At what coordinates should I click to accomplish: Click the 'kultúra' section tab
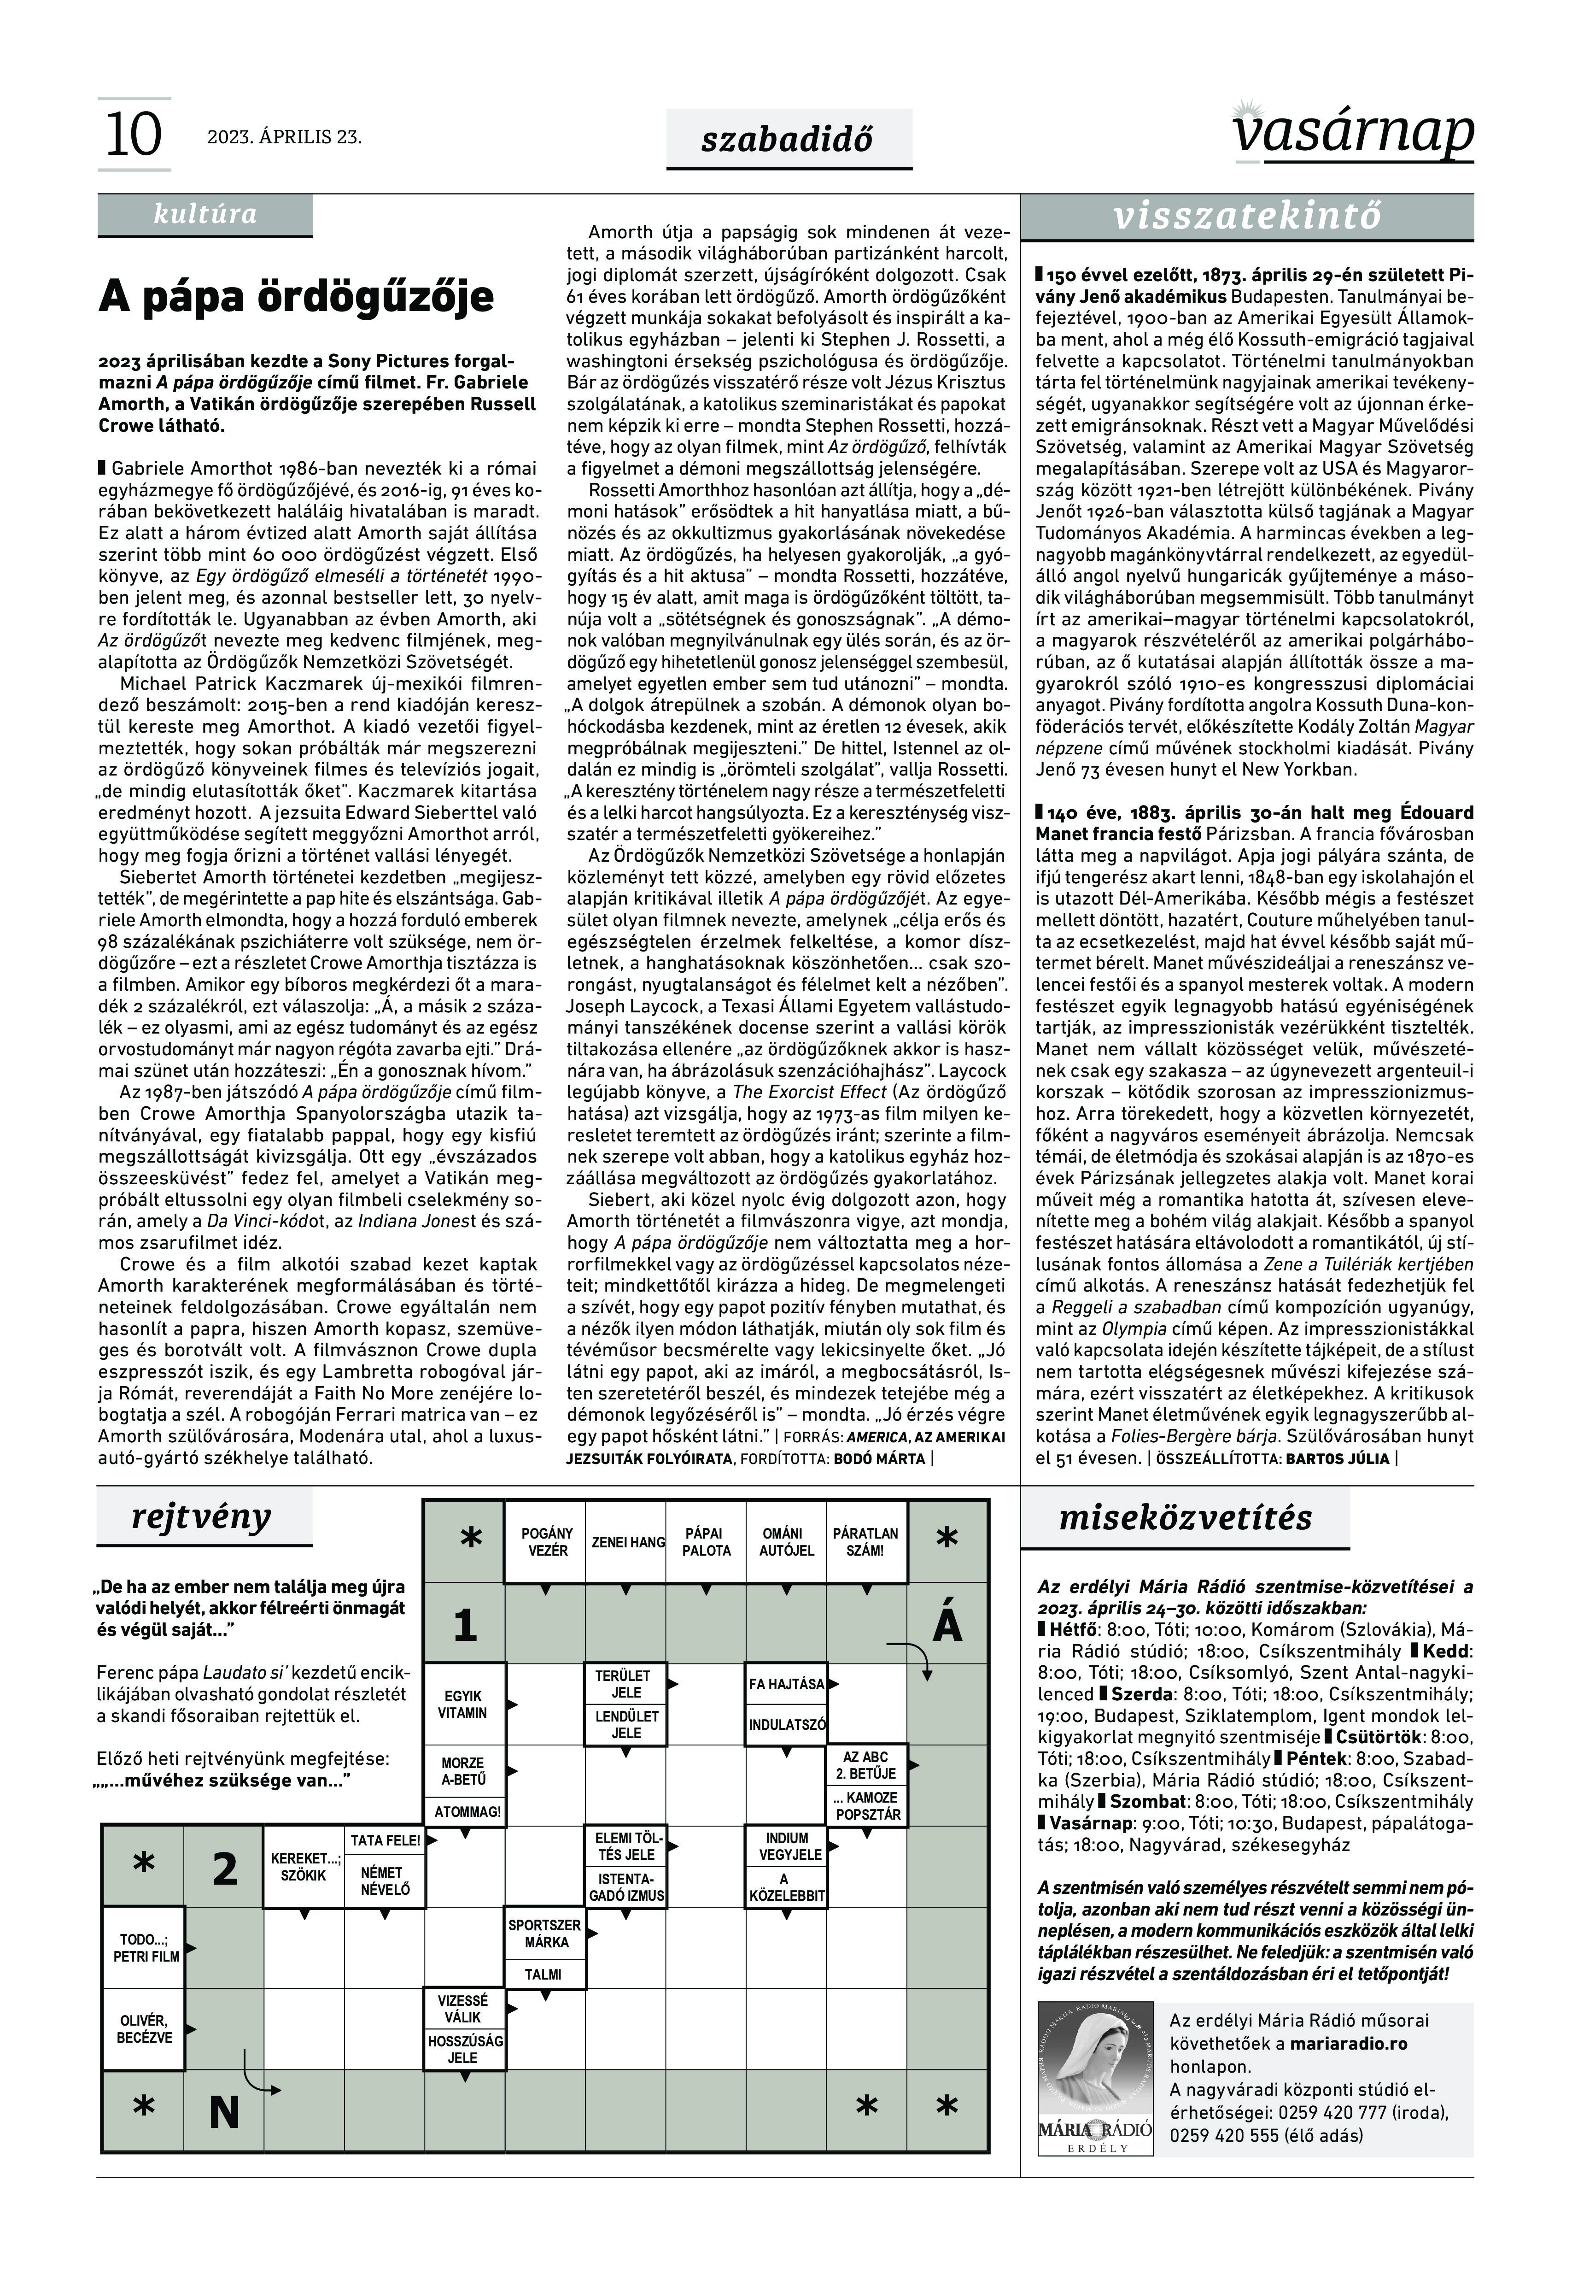coord(205,215)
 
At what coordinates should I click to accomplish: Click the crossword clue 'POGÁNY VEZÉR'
coord(547,1542)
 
